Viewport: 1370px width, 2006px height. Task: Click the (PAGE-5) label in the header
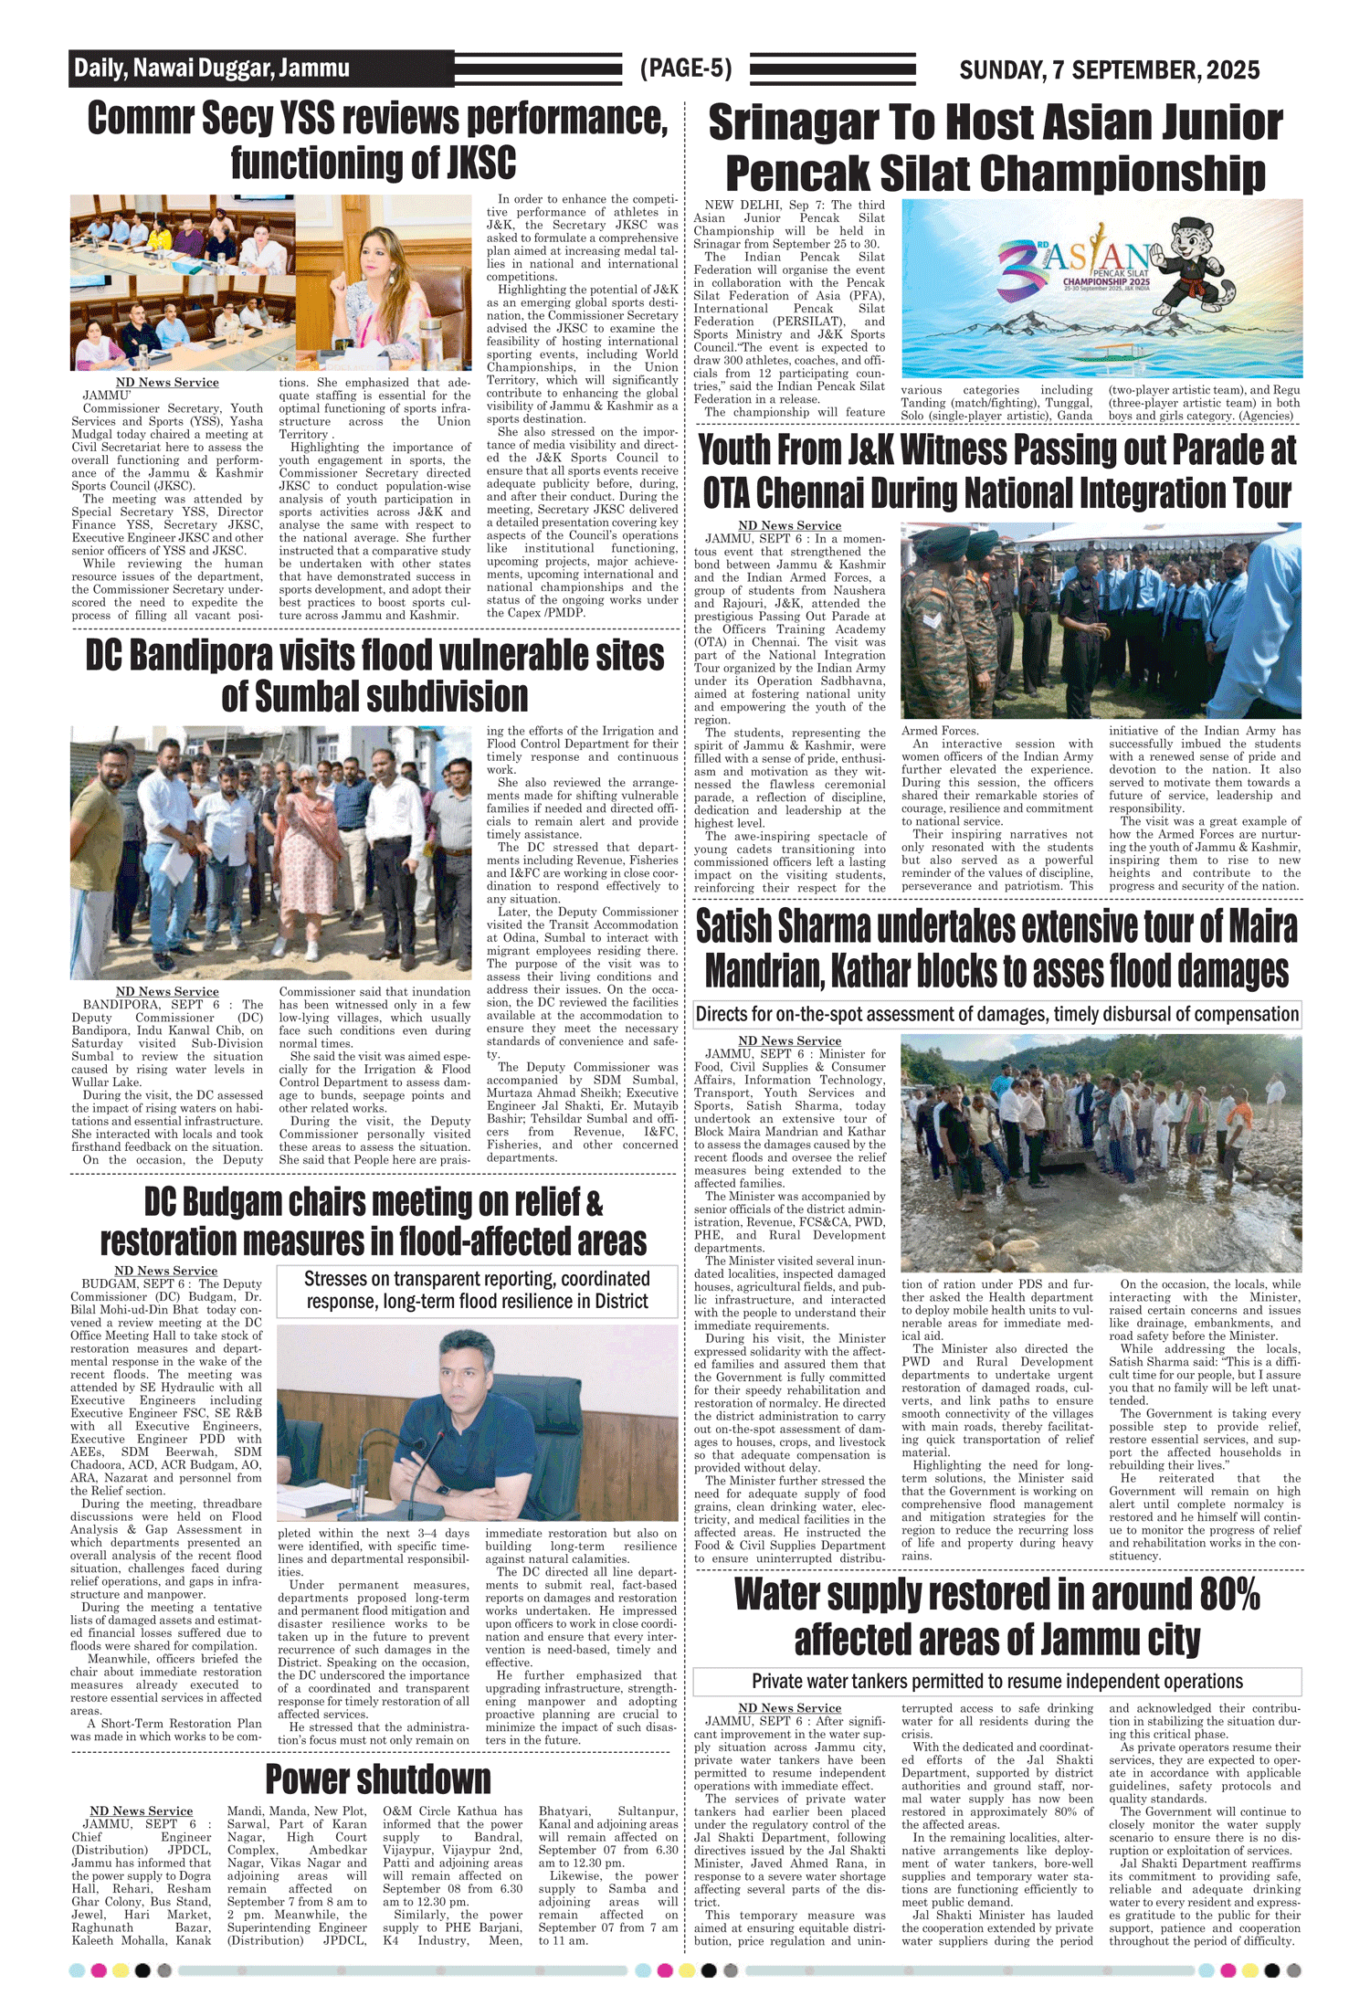coord(686,69)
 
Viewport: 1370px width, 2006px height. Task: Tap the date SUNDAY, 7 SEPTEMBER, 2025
coord(1109,70)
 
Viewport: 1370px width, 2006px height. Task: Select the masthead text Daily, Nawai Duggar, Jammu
coord(212,69)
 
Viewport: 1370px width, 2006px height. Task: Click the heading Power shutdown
coord(377,1780)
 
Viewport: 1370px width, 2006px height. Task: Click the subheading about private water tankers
coord(996,1682)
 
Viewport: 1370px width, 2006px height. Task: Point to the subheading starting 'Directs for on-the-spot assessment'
coord(996,1014)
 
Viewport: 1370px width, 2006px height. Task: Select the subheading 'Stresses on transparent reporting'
coord(477,1290)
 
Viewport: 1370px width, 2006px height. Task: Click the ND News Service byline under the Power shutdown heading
coord(142,1811)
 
